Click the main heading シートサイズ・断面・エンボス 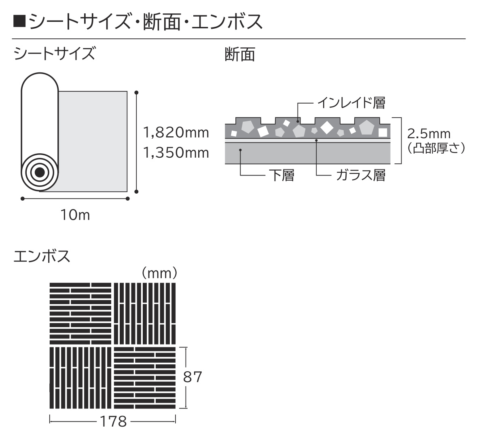(146, 22)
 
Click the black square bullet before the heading (19, 22)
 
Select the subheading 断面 (240, 55)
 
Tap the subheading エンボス (42, 256)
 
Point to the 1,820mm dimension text (176, 133)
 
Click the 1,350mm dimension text (176, 153)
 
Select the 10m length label (75, 215)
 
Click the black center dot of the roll (39, 173)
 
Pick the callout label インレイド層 (351, 103)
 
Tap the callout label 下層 (282, 175)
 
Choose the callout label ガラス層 (361, 175)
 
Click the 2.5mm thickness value (429, 134)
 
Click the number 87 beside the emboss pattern (192, 377)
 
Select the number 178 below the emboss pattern (113, 422)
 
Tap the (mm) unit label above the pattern (159, 273)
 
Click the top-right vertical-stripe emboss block (145, 314)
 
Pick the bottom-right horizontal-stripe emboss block (145, 378)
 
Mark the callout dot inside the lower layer (241, 150)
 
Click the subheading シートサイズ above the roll (54, 53)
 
